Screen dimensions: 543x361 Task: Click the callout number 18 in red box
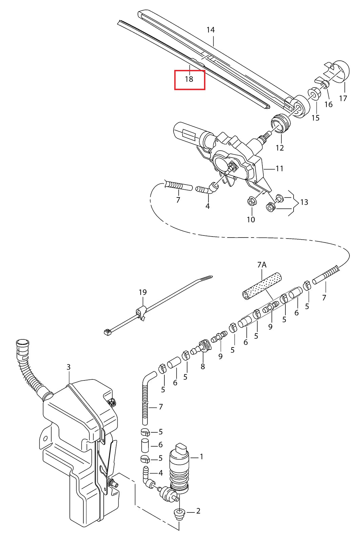[x=189, y=79]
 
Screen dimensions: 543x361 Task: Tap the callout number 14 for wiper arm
[x=210, y=30]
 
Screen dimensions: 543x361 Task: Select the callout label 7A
[x=262, y=265]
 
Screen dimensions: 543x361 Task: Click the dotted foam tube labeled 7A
[x=262, y=286]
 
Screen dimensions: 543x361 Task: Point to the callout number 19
[x=143, y=292]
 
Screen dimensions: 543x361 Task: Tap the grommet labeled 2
[x=179, y=513]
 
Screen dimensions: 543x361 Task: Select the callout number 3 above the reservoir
[x=68, y=367]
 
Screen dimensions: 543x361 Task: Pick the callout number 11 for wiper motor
[x=279, y=169]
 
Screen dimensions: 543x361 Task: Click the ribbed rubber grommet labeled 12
[x=281, y=123]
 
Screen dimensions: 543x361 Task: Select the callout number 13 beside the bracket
[x=304, y=202]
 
